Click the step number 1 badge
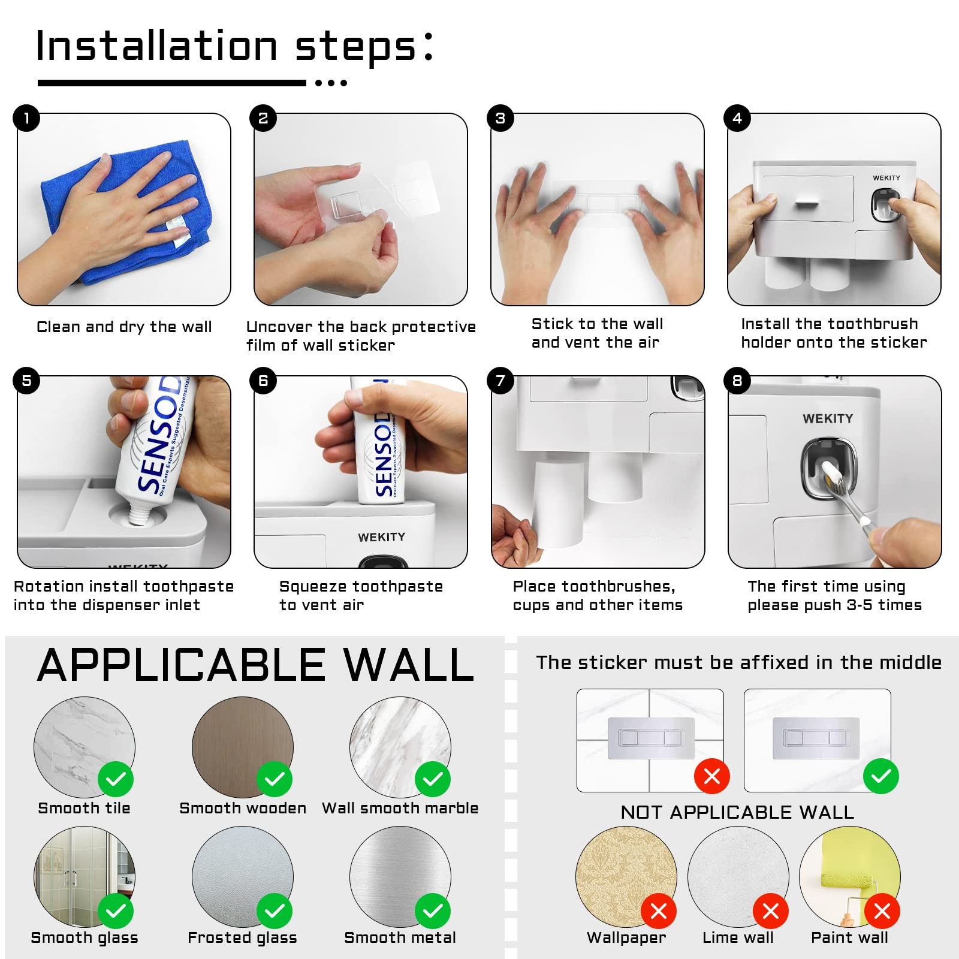coord(26,118)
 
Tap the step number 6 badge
coord(263,381)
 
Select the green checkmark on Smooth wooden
coord(275,779)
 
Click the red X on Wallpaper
coord(658,911)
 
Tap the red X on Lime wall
coord(770,911)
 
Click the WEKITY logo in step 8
coord(827,418)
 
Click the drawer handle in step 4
coord(806,204)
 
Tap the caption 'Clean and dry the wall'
coord(124,327)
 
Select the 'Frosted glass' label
coord(242,938)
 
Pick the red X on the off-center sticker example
coord(711,776)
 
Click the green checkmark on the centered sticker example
coord(880,776)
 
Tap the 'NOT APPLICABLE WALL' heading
coord(737,812)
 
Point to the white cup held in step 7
coord(557,503)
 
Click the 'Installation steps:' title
coord(234,47)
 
